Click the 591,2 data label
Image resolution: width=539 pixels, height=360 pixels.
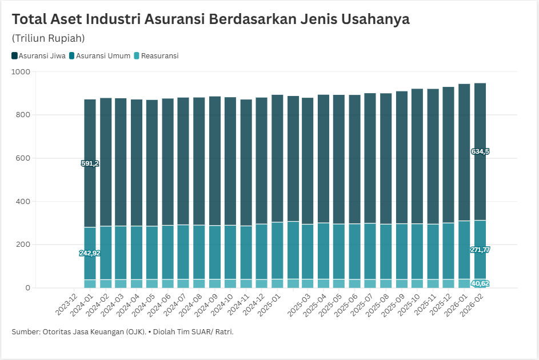(90, 163)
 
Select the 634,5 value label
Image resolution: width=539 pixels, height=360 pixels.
(480, 151)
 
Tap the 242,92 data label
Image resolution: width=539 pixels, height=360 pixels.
(90, 253)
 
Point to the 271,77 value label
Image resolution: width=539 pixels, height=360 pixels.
(480, 250)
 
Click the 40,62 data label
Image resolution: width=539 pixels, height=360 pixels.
(480, 283)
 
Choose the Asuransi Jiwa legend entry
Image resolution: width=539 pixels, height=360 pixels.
(38, 56)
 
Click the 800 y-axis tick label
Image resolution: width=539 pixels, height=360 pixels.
(22, 115)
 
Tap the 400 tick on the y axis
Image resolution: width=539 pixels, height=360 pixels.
(22, 202)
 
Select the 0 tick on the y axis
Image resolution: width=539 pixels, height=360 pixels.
(27, 288)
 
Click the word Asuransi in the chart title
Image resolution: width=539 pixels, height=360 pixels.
(174, 19)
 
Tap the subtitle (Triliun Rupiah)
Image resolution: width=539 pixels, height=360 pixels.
(48, 38)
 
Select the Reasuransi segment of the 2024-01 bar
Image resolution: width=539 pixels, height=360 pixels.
(90, 283)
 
